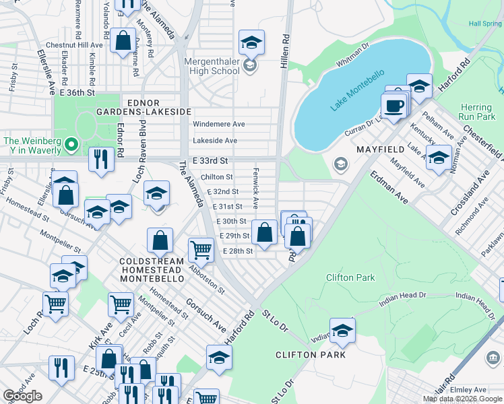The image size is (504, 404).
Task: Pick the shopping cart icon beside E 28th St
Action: point(201,250)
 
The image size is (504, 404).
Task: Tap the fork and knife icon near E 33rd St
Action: point(101,160)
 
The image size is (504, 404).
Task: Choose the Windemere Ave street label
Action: point(219,125)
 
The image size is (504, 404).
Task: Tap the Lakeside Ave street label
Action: point(215,141)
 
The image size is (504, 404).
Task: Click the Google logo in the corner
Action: point(23,396)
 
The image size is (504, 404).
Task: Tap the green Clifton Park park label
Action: point(350,277)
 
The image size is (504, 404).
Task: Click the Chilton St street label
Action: point(217,177)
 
